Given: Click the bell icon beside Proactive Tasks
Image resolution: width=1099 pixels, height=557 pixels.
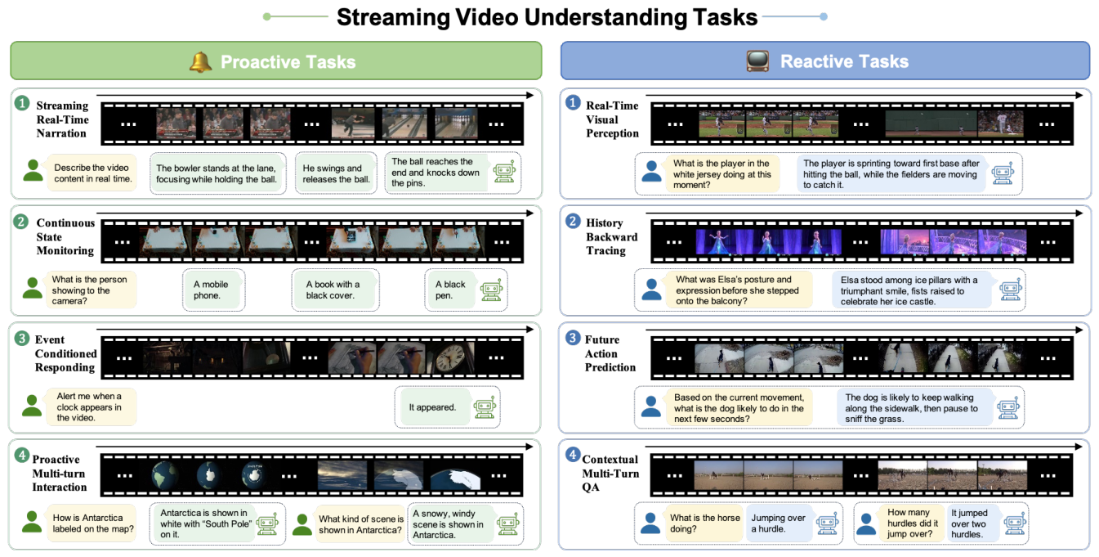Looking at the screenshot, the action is coord(201,62).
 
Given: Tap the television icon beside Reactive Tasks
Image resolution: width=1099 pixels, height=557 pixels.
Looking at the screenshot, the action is coord(757,61).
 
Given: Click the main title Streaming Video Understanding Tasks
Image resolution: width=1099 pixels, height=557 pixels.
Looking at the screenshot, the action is coord(547,17).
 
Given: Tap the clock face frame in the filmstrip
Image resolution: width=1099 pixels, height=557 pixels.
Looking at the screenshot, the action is coord(450,357).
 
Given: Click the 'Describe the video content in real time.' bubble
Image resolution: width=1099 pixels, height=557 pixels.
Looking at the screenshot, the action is coord(92,173).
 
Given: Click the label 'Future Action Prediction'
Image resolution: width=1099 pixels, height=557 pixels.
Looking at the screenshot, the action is coord(610,353).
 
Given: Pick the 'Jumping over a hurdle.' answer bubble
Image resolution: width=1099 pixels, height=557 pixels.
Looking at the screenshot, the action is coord(778,523).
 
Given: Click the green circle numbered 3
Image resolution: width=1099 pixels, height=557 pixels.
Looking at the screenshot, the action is coord(21,338).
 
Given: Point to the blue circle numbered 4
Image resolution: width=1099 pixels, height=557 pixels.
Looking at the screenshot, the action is coord(573,455).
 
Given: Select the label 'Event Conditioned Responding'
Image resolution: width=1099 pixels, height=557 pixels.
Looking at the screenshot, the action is coord(65,353).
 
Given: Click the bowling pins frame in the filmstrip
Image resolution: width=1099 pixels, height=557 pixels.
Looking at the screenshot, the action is coord(456,124).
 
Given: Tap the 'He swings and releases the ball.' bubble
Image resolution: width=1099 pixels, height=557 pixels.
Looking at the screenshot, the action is coord(336,173).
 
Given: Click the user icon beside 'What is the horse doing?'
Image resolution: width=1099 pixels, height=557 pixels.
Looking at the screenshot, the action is coord(651,523).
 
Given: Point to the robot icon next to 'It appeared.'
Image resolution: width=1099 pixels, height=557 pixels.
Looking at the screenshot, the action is coord(485,407).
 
